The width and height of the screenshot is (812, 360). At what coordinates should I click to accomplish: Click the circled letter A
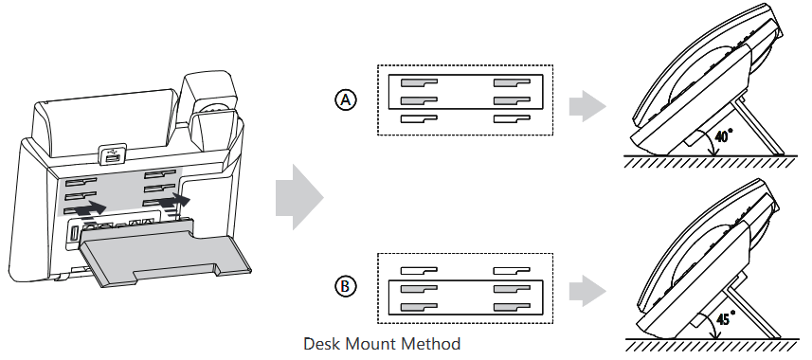point(346,99)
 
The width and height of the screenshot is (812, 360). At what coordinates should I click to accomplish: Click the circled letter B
point(346,286)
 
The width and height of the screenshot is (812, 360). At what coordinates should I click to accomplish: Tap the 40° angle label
point(724,136)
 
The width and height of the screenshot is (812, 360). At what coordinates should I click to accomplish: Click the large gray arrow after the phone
point(299,197)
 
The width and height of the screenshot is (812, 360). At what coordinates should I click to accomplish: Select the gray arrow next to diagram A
point(587,106)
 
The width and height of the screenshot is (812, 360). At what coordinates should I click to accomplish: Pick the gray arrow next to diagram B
point(587,291)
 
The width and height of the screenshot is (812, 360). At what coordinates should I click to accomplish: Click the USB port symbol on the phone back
point(113,153)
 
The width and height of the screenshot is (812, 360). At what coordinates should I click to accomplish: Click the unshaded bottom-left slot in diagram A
point(419,118)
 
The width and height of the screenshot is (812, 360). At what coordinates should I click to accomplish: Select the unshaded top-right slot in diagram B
point(511,270)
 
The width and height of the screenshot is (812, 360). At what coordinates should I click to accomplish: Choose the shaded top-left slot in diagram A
point(419,82)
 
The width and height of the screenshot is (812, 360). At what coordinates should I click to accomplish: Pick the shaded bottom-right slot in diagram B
point(511,307)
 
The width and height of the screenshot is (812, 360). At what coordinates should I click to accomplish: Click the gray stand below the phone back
point(163,253)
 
